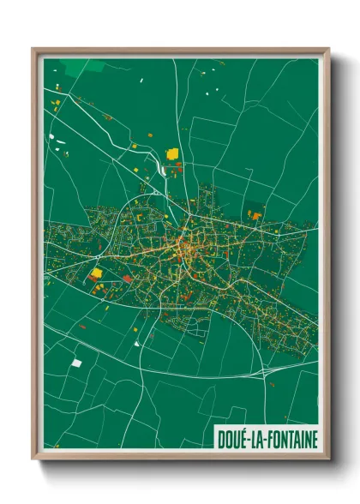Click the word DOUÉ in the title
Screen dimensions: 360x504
pyautogui.click(x=232, y=440)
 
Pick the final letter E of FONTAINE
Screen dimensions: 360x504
pyautogui.click(x=314, y=440)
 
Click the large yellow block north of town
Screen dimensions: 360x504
pyautogui.click(x=172, y=153)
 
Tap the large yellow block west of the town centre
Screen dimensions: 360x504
pyautogui.click(x=96, y=273)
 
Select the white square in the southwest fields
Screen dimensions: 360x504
pyautogui.click(x=76, y=363)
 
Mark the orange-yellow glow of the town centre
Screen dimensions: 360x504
pyautogui.click(x=186, y=249)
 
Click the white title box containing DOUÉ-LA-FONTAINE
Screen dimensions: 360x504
pyautogui.click(x=266, y=440)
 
